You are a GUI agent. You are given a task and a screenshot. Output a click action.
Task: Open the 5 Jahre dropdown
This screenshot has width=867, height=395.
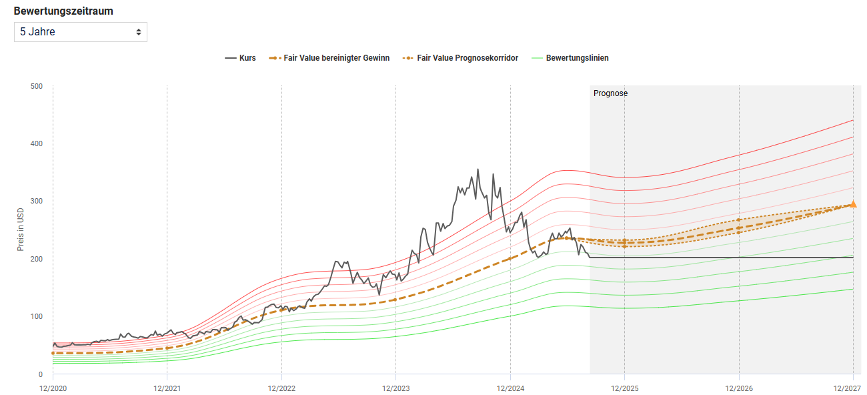80,32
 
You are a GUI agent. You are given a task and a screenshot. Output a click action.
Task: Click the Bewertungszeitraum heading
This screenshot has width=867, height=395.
63,11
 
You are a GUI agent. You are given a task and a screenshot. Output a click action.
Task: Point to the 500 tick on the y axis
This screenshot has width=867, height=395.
37,86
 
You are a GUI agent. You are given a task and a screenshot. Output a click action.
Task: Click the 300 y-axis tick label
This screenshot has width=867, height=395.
37,202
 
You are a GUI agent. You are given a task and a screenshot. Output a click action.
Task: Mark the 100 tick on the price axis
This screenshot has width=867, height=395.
37,317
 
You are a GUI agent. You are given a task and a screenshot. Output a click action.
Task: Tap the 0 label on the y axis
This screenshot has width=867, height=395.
41,374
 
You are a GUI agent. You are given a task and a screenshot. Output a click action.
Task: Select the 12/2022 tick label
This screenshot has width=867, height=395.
281,387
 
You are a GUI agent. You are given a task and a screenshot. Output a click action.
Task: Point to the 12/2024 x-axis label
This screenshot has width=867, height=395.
510,387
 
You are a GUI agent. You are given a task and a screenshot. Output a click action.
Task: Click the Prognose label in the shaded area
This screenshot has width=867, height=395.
610,93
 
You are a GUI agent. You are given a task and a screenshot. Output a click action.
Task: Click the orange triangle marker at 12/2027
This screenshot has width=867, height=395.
853,204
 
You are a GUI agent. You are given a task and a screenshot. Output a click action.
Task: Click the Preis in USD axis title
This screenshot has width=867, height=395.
21,230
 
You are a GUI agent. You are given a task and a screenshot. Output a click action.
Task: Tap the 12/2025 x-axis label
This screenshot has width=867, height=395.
624,387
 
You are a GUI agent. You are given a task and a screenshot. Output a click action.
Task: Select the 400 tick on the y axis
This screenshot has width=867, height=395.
37,143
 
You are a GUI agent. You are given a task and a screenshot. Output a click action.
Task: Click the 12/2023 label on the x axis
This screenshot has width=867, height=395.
395,387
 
